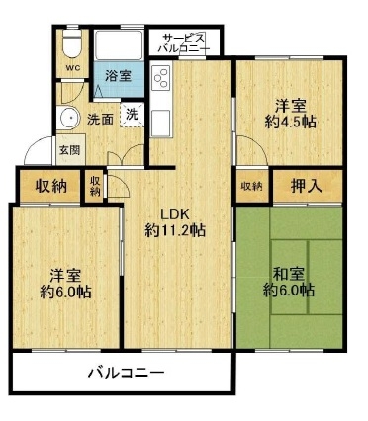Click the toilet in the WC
coord(71,45)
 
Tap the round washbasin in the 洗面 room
coord(68,118)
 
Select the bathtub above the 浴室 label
coord(119,45)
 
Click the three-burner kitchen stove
coord(161,78)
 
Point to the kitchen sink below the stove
coord(161,123)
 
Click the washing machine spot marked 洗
coord(132,115)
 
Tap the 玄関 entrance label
coord(69,150)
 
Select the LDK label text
coord(174,214)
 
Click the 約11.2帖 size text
coord(175,230)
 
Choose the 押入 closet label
coord(307,186)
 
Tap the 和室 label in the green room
coord(289,274)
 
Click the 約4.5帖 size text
coord(291,123)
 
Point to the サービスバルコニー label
coord(184,42)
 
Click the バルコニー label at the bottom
coord(127,373)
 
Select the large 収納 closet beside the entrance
coord(50,187)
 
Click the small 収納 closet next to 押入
coord(252,186)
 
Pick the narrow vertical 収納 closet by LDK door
coord(95,186)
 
